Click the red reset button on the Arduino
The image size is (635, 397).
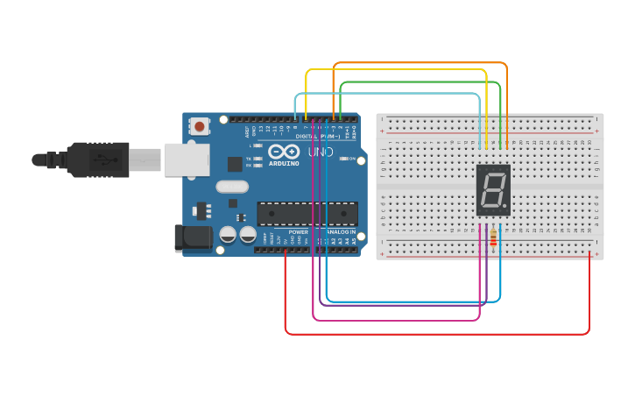coord(200,127)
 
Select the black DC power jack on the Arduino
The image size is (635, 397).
coord(194,237)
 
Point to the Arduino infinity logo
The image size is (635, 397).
coord(284,152)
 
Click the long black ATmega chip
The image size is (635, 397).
coord(307,213)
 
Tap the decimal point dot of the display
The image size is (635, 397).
coord(505,209)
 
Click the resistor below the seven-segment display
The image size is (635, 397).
coord(494,237)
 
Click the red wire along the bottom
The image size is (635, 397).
coord(438,334)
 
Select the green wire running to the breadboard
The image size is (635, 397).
coord(420,82)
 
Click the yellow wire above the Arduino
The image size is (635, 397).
coord(394,69)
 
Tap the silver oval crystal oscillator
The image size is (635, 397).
coord(232,186)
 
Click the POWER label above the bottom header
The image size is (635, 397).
coord(298,231)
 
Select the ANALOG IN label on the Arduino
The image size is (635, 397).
coord(341,231)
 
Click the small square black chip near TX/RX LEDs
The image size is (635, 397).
coord(235,163)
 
